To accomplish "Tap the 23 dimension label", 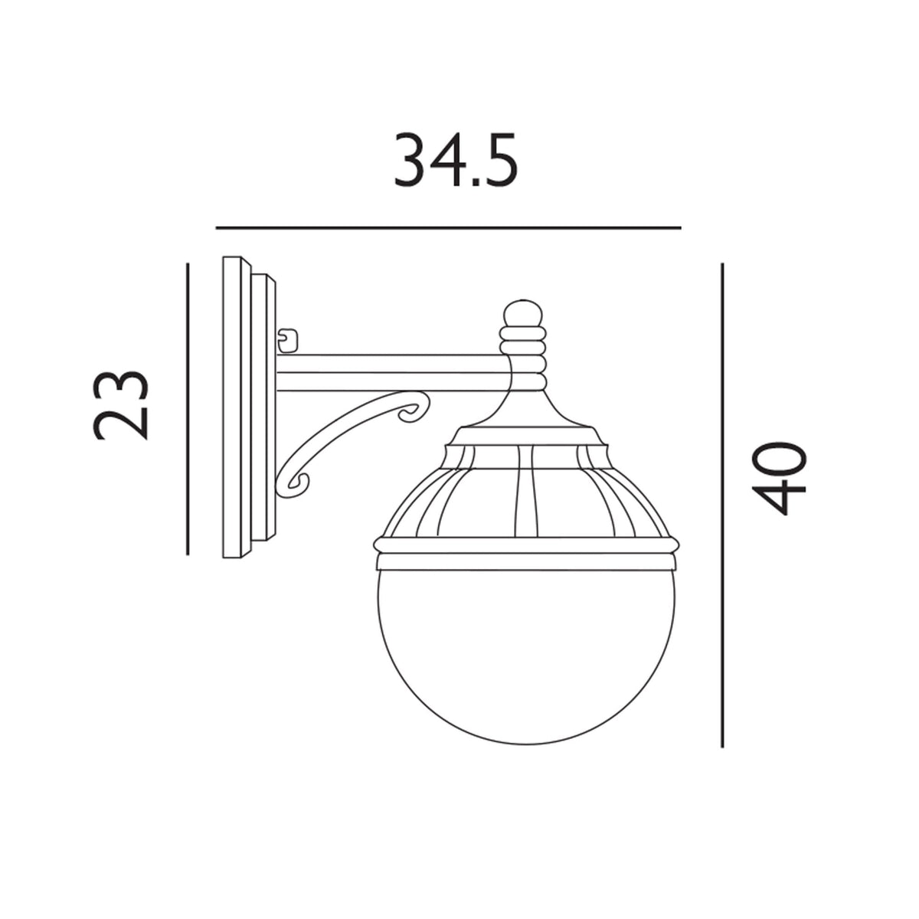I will (119, 405).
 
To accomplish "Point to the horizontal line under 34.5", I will (448, 227).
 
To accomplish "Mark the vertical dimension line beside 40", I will (722, 505).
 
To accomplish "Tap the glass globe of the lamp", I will (527, 651).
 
